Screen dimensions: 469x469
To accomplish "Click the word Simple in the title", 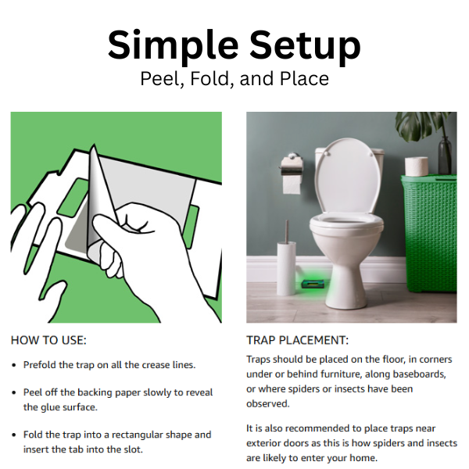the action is (x=173, y=46).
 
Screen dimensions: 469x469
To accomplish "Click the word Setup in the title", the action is (x=305, y=46).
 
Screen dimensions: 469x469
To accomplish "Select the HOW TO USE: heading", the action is (x=48, y=340).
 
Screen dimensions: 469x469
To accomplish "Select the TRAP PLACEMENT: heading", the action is (x=297, y=340).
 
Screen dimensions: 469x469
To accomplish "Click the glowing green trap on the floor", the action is (x=313, y=283).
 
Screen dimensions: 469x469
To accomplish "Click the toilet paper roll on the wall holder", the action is (x=292, y=184).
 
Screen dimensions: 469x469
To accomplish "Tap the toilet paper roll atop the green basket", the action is (x=417, y=166).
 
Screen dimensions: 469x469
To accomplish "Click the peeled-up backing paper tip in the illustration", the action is (x=94, y=146).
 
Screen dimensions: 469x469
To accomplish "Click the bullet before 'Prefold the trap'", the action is (x=14, y=365).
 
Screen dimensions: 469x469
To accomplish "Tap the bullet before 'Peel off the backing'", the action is (x=14, y=392).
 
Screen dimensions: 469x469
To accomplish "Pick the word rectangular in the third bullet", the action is (x=136, y=435).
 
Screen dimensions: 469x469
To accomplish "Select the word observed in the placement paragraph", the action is (x=267, y=404).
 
